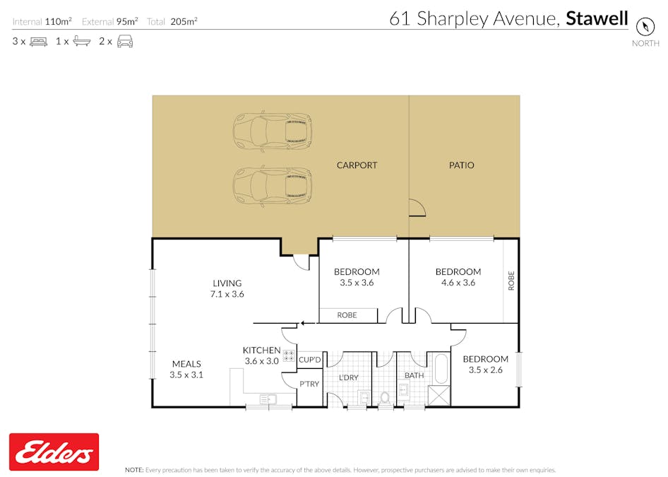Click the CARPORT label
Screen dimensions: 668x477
click(x=357, y=165)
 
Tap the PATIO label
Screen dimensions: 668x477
click(x=461, y=165)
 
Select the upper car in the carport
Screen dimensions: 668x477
click(x=273, y=131)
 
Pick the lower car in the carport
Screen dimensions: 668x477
click(x=273, y=187)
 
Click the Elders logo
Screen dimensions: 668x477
click(x=54, y=452)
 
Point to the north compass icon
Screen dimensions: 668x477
click(x=645, y=26)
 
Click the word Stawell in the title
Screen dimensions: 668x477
click(x=597, y=19)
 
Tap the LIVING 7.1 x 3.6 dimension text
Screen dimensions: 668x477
click(x=227, y=294)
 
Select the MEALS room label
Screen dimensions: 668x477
click(x=186, y=364)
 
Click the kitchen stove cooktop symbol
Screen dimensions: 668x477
click(x=289, y=356)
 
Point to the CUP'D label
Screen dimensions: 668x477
click(x=310, y=360)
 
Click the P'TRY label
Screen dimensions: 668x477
click(x=309, y=384)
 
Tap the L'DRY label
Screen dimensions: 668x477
click(x=349, y=377)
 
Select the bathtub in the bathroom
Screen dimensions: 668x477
click(x=442, y=369)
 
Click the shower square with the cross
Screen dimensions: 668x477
click(x=439, y=396)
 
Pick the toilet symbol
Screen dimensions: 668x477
click(x=385, y=398)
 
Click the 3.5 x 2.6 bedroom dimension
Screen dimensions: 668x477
click(x=486, y=370)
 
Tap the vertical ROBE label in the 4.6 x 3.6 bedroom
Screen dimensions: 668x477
click(x=511, y=281)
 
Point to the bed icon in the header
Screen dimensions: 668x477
click(x=39, y=42)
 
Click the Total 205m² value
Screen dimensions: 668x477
click(x=184, y=21)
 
